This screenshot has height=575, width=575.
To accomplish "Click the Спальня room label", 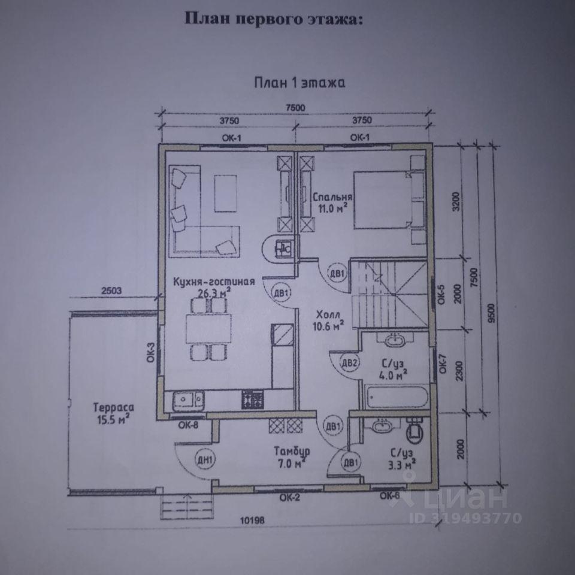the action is point(332,197).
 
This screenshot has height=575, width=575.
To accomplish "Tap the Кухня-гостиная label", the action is point(214,282).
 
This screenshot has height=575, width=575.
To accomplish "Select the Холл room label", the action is point(328,315).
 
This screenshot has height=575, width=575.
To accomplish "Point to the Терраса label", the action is point(113,407).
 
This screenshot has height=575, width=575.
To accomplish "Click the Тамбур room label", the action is point(292,451).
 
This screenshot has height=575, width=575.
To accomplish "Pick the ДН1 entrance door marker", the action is point(205,460).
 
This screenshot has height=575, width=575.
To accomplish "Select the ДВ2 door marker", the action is point(349,363).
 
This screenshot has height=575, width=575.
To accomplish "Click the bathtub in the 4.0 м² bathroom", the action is point(397,397).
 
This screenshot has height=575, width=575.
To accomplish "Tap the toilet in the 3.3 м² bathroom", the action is point(416,431).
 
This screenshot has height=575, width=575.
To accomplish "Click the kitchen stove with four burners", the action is point(252,399).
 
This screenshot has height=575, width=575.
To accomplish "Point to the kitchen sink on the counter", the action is point(188,400).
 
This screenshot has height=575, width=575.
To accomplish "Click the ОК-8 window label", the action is point(188,425).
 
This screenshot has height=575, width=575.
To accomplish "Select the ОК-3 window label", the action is point(151,352).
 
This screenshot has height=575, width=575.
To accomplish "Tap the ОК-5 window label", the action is point(441,294).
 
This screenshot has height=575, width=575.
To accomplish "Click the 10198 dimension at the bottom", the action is point(252,520).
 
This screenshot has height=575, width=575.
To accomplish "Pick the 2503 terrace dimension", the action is point(111,291).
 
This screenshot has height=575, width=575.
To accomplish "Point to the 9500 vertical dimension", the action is point(491,313).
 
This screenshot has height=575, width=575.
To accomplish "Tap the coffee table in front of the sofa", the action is point(226,193).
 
